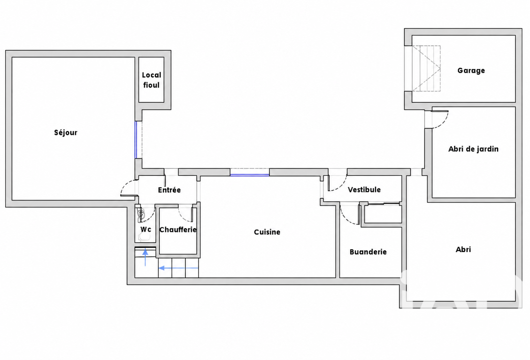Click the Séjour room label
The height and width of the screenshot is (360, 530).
tap(66, 133)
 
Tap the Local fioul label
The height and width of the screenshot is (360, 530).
tap(152, 80)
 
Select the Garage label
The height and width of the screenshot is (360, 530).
tap(471, 70)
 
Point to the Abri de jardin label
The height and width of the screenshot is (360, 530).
tap(474, 149)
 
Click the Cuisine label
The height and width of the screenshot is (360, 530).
tap(267, 232)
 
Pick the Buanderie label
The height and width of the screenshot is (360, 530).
tap(368, 252)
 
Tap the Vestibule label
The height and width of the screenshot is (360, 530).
tap(364, 189)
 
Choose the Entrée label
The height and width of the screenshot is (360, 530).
tap(169, 190)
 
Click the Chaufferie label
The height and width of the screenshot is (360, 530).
tap(178, 229)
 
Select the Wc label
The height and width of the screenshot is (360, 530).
tap(146, 229)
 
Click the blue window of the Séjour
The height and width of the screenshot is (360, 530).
tap(136, 140)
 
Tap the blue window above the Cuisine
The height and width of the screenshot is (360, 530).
tap(249, 175)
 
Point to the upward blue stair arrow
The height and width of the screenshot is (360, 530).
tap(145, 258)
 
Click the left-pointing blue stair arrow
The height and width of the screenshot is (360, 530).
tap(178, 268)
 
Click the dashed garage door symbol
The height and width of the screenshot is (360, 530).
tap(426, 68)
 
